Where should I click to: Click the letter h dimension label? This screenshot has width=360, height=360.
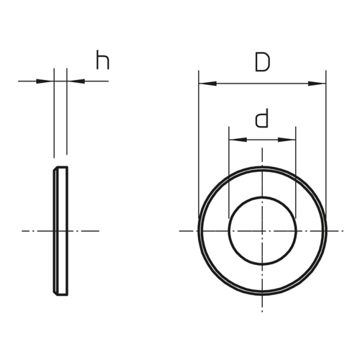(103, 60)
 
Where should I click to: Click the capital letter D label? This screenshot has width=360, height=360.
(263, 62)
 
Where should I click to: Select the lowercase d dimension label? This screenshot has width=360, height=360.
(261, 118)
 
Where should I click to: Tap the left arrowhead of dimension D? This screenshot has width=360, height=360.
(207, 84)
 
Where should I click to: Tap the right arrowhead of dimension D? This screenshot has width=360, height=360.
(317, 84)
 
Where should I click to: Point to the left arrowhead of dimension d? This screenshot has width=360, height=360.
(238, 140)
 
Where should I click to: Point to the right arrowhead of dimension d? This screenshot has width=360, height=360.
(287, 140)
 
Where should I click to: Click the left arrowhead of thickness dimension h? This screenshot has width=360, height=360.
(45, 81)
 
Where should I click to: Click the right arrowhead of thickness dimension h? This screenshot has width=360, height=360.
(76, 81)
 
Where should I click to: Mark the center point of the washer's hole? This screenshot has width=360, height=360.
(262, 231)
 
